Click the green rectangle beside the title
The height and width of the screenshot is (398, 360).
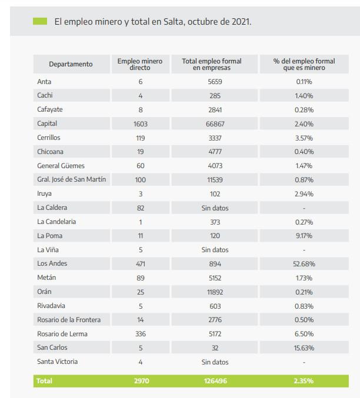click(39, 22)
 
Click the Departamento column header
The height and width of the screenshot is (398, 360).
click(71, 64)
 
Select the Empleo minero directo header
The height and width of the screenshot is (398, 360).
click(140, 64)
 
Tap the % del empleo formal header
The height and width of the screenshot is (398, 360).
click(304, 64)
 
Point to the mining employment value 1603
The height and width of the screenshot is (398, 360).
click(140, 124)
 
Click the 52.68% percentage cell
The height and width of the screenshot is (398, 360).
click(304, 264)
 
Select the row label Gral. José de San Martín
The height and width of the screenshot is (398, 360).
click(71, 179)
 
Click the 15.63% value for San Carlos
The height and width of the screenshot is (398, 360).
click(304, 347)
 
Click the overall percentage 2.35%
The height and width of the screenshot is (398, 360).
click(304, 381)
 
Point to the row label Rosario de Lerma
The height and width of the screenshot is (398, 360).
click(63, 334)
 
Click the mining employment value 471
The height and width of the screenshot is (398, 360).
click(140, 264)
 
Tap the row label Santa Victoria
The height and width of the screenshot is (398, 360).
click(57, 362)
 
